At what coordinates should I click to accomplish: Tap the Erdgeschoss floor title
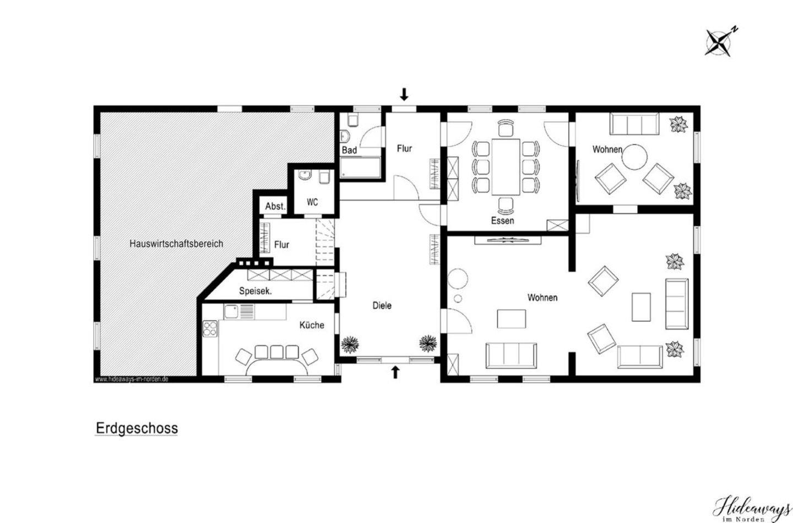pos(137,428)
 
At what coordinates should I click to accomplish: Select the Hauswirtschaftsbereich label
pos(176,244)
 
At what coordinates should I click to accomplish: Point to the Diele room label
pos(382,305)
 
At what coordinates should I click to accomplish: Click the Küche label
pos(312,325)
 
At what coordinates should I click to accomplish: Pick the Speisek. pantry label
pos(256,292)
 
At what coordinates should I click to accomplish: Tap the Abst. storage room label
pos(275,206)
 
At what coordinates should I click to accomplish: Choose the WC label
pos(312,202)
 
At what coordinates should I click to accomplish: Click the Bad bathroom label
pos(349,150)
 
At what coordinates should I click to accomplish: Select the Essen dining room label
pos(502,221)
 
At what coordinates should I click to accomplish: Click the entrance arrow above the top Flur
pos(404,94)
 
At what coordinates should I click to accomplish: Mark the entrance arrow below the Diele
pos(395,372)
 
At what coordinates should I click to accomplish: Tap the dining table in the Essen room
pos(506,167)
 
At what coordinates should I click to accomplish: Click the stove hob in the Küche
pos(210,328)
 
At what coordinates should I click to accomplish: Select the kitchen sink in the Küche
pos(231,311)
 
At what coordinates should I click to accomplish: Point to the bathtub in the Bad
pos(360,168)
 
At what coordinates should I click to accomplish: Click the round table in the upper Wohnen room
pos(635,157)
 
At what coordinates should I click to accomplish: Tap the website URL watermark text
pos(132,379)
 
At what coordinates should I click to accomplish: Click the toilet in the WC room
pos(324,177)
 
